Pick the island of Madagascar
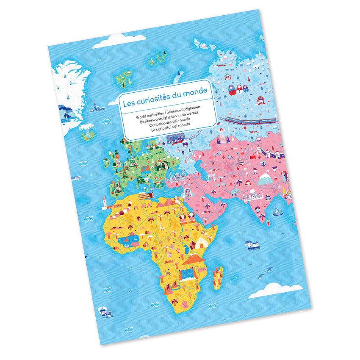218,277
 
